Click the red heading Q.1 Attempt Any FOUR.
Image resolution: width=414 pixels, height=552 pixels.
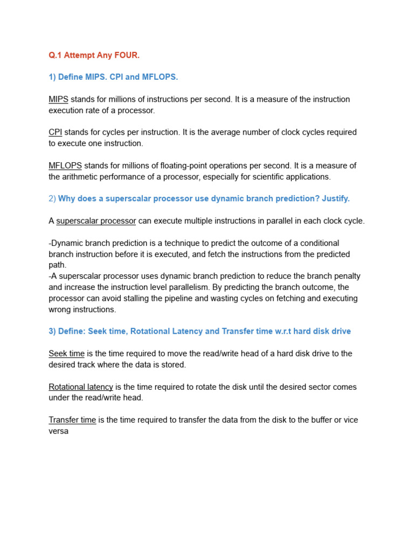pyautogui.click(x=94, y=55)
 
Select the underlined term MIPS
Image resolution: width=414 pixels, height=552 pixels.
pyautogui.click(x=58, y=99)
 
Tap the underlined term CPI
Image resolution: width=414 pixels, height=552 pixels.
pyautogui.click(x=55, y=132)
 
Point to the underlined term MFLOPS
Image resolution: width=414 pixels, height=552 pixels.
pyautogui.click(x=65, y=165)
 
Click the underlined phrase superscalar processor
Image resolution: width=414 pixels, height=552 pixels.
pyautogui.click(x=96, y=221)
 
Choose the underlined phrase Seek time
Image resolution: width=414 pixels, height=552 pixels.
pyautogui.click(x=66, y=354)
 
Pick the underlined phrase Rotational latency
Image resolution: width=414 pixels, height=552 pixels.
pyautogui.click(x=81, y=387)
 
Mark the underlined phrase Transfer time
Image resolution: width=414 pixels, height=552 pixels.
pyautogui.click(x=72, y=420)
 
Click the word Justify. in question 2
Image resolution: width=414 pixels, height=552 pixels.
pyautogui.click(x=336, y=199)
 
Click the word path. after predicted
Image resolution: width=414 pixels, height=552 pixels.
pyautogui.click(x=58, y=265)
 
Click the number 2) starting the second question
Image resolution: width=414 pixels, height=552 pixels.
pyautogui.click(x=52, y=199)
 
